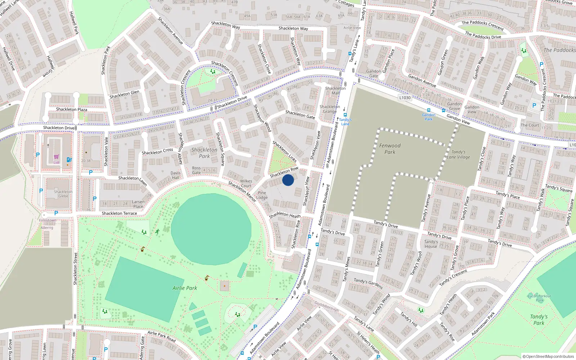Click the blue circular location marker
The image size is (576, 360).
(288, 180)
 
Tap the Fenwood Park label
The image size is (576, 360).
(390, 149)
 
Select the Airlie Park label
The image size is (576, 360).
(185, 288)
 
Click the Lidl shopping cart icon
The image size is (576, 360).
(57, 157)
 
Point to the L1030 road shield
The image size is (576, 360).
(405, 98)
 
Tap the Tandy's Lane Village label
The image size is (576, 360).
(458, 154)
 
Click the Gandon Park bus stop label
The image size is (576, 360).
(428, 117)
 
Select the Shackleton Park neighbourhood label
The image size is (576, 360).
(204, 153)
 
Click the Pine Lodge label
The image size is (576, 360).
(262, 195)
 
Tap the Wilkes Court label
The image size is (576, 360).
(246, 184)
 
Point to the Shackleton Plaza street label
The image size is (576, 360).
(71, 109)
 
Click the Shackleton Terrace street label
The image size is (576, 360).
(119, 213)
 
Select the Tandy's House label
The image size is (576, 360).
(431, 244)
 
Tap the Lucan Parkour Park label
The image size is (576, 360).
(539, 298)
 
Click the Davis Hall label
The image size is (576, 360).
(176, 175)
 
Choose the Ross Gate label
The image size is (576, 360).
(197, 170)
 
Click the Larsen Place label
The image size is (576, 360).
(138, 204)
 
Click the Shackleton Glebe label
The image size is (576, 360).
(63, 194)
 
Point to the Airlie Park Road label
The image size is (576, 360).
(162, 336)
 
